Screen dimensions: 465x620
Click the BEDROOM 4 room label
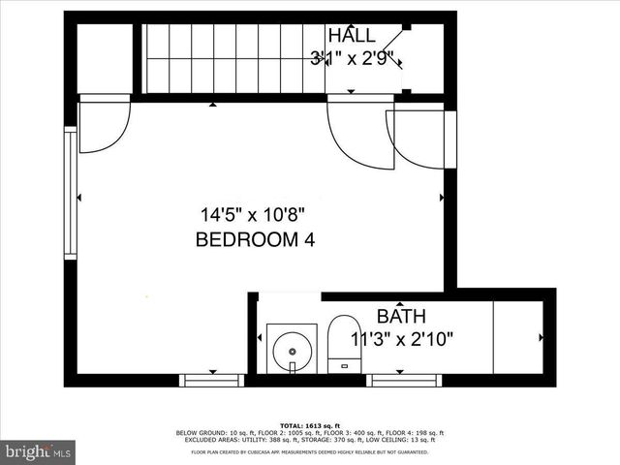(x=255, y=239)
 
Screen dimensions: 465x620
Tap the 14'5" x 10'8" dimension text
(x=255, y=214)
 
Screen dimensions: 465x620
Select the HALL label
(x=350, y=35)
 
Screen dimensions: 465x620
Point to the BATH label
(x=401, y=316)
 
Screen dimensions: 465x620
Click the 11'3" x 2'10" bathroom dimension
(x=402, y=339)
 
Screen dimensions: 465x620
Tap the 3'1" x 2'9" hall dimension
(x=350, y=58)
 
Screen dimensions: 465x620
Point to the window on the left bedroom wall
(x=70, y=194)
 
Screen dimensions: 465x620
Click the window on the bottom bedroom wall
(x=212, y=380)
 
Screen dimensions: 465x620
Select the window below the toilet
(x=405, y=380)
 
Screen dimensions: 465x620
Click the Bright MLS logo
(x=39, y=451)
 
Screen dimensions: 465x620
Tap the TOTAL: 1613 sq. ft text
(x=310, y=425)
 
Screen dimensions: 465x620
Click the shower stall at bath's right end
(x=517, y=336)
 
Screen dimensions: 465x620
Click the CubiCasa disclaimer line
(x=310, y=451)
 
